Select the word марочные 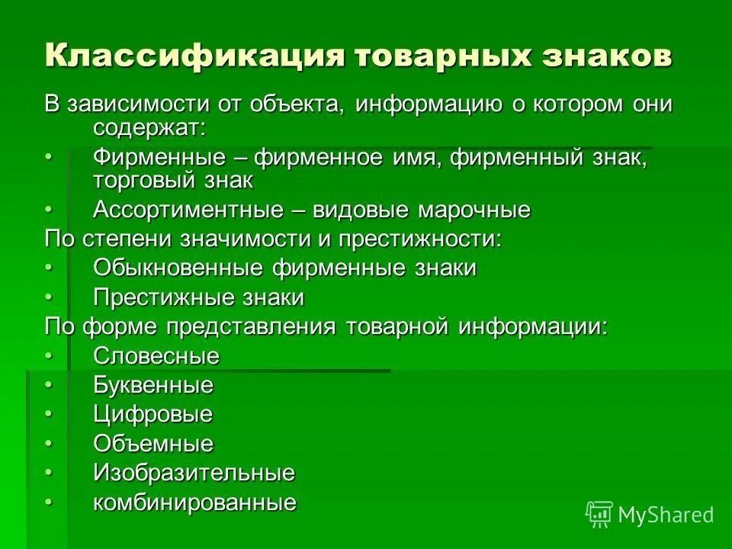[474, 210]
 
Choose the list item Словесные [156, 356]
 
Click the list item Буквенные [153, 385]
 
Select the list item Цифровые [152, 415]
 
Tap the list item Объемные [153, 444]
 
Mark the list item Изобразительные [194, 473]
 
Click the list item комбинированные [194, 502]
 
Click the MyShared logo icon [599, 515]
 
